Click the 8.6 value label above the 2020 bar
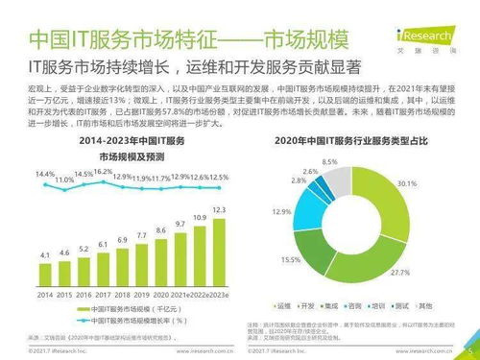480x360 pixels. click(160, 230)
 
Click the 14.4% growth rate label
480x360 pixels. click(45, 174)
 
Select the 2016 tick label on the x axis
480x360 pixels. click(84, 297)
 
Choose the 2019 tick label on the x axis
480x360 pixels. click(141, 297)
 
